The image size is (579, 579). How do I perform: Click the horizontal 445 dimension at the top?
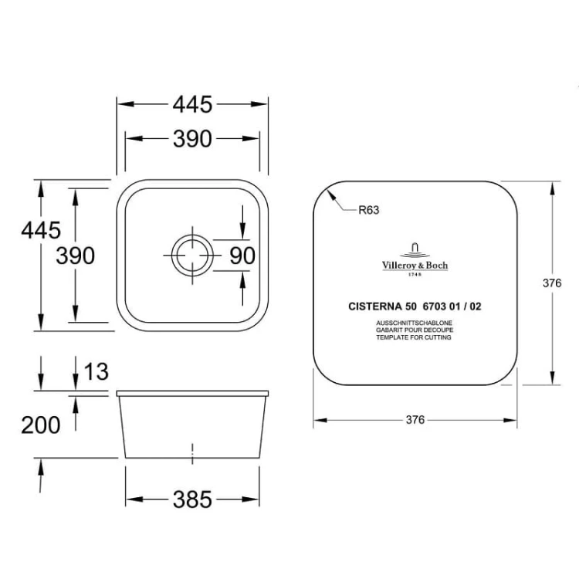tap(192, 104)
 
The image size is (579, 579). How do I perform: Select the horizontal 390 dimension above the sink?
tap(192, 139)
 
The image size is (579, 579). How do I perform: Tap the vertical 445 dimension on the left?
tap(41, 230)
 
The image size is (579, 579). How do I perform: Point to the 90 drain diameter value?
tap(242, 256)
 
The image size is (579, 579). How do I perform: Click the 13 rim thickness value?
tap(96, 371)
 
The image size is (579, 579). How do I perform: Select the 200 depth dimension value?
tap(41, 425)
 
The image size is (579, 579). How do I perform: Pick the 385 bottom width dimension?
tap(192, 499)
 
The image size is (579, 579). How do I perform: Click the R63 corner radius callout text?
tap(369, 210)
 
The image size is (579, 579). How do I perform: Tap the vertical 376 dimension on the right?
tap(552, 283)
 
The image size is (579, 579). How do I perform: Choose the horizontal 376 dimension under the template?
tap(415, 420)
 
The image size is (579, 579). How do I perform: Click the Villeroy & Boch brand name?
tap(415, 265)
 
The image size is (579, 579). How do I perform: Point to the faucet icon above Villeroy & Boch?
tap(415, 249)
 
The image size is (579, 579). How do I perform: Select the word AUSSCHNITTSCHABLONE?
tap(415, 323)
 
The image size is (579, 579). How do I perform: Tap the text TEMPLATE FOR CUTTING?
tap(414, 337)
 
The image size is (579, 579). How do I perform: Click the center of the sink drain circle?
tap(192, 256)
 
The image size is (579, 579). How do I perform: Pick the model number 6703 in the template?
tap(435, 306)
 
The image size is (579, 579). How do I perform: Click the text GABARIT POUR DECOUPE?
tap(415, 330)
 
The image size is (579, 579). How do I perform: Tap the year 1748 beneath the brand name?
tap(415, 274)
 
